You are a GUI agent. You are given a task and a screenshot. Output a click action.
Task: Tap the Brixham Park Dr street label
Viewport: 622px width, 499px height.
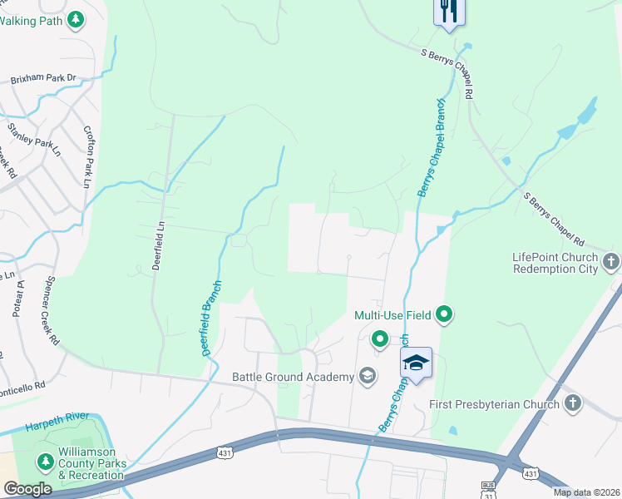[43, 80]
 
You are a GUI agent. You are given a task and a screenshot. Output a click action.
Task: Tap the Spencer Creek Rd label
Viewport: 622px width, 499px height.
[53, 311]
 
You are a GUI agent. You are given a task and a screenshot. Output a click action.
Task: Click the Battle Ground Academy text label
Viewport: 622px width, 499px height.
[294, 377]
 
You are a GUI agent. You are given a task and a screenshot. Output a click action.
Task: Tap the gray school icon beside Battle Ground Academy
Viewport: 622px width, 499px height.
[366, 377]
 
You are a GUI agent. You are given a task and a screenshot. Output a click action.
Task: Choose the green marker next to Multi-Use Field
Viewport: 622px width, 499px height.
[445, 314]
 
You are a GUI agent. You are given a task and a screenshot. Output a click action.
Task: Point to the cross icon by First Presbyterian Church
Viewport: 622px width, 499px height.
[572, 404]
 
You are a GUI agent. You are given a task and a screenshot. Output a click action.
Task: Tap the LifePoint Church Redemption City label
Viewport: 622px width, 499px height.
[555, 264]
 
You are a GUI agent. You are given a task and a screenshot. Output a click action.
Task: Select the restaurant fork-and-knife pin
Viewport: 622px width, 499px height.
[447, 11]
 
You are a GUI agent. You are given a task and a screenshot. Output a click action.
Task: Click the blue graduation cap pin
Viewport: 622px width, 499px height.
[416, 363]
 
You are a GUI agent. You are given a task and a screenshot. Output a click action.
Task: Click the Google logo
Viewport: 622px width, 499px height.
[27, 489]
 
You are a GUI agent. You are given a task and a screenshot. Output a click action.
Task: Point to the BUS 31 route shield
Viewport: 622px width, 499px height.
[489, 487]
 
